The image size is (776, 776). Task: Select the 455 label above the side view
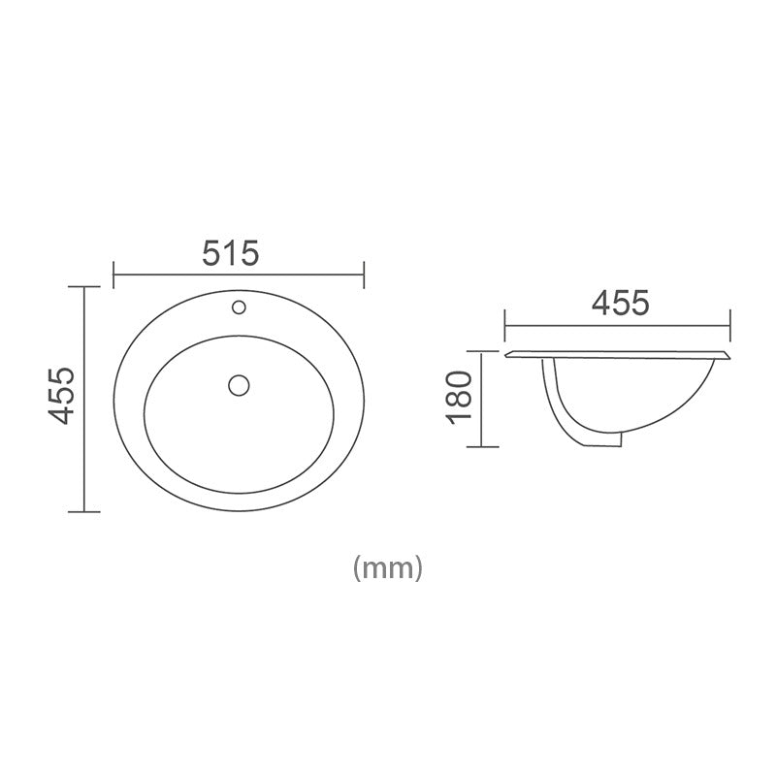pos(619,303)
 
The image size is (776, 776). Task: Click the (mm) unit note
pos(388,567)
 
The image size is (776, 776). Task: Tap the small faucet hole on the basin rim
pos(239,309)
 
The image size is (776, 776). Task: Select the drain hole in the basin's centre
pos(239,384)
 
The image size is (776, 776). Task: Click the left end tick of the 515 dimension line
pos(114,275)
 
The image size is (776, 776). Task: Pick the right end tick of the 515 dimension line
pos(363,275)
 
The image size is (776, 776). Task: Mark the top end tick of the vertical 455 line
pos(85,288)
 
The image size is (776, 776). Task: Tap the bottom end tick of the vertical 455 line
pos(85,511)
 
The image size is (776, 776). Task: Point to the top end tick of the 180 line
pos(483,349)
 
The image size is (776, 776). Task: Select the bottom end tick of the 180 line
pos(483,446)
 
